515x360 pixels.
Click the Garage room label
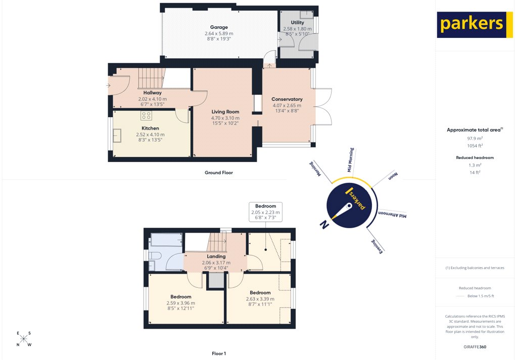pyautogui.click(x=219, y=27)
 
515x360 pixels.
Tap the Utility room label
pyautogui.click(x=297, y=23)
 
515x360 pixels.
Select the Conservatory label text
pyautogui.click(x=287, y=99)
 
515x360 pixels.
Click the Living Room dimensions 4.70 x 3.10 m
pyautogui.click(x=225, y=118)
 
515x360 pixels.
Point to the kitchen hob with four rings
pyautogui.click(x=146, y=116)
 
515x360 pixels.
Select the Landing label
pyautogui.click(x=216, y=256)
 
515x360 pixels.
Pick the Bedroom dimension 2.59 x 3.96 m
pyautogui.click(x=180, y=302)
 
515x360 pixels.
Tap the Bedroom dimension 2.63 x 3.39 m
pyautogui.click(x=260, y=298)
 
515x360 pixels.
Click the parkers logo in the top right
pyautogui.click(x=472, y=25)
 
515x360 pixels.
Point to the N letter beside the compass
pyautogui.click(x=324, y=225)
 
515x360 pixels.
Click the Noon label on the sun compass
pyautogui.click(x=393, y=176)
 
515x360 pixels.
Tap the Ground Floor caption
pyautogui.click(x=218, y=173)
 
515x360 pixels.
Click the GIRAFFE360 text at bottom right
pyautogui.click(x=475, y=347)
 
